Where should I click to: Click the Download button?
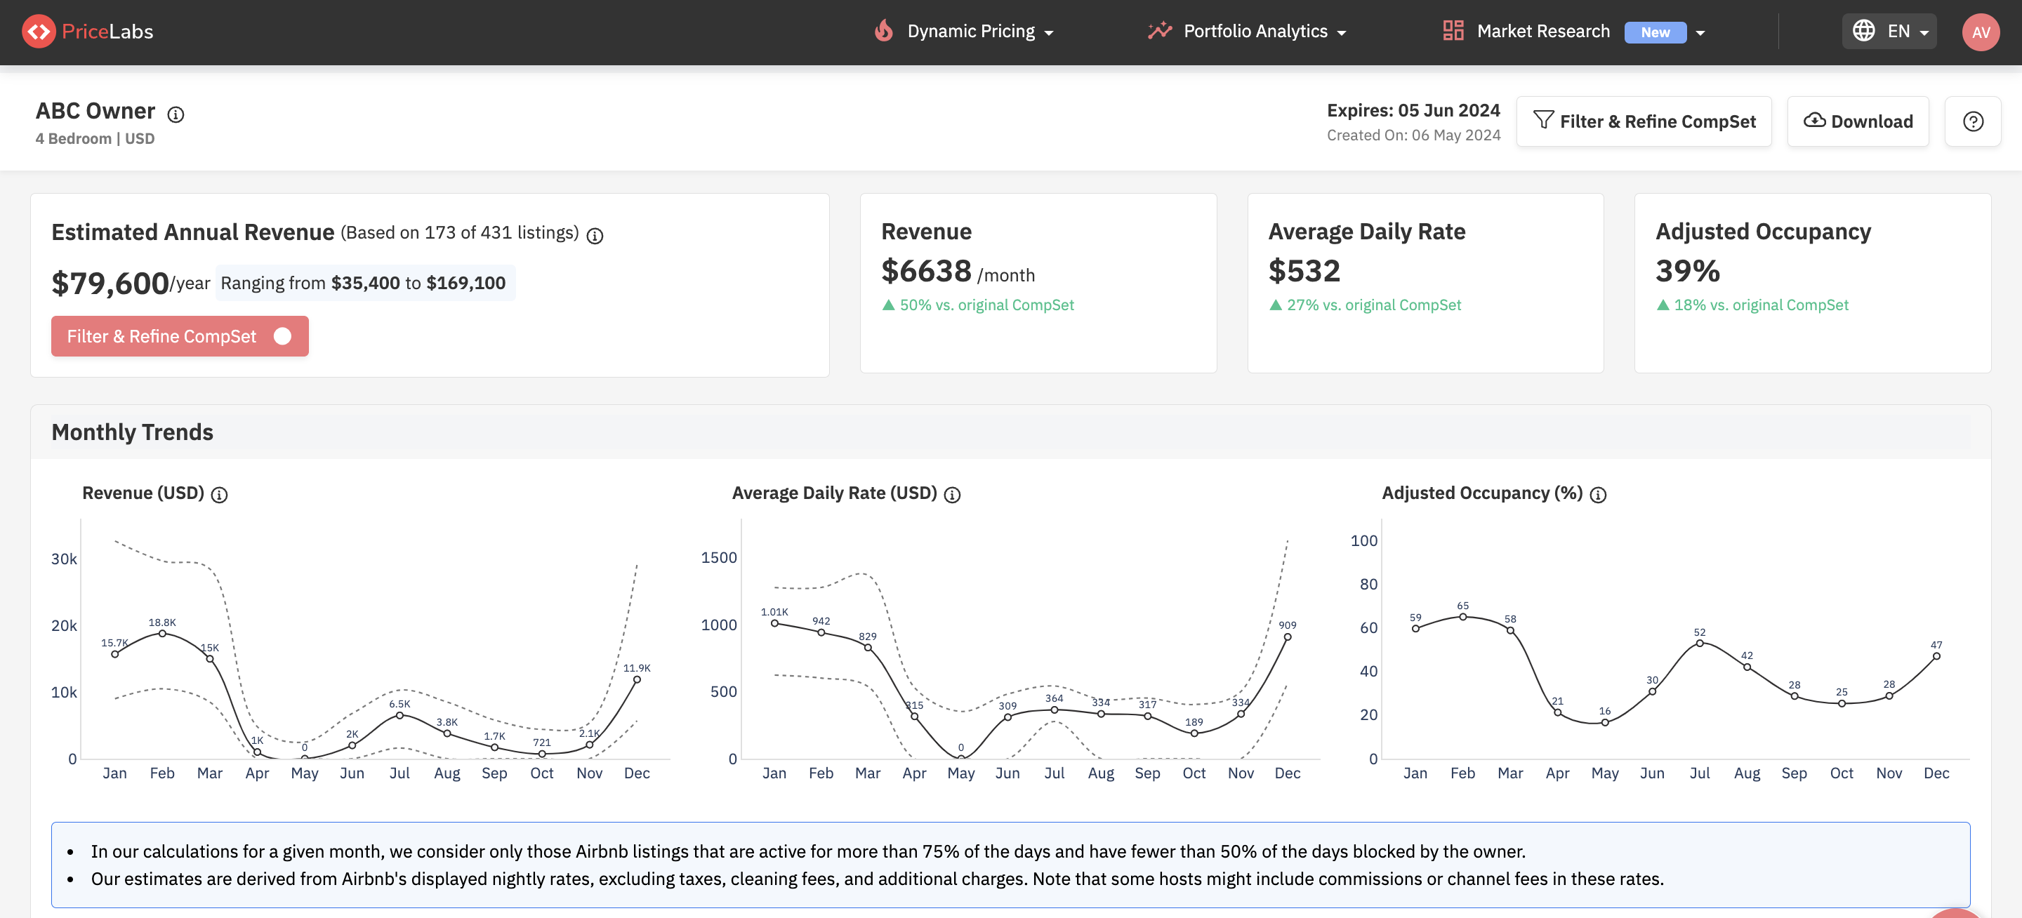[x=1857, y=121]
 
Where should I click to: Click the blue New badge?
[x=1655, y=32]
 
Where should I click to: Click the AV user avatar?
[x=1981, y=32]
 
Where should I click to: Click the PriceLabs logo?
[x=88, y=32]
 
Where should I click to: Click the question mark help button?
[x=1973, y=121]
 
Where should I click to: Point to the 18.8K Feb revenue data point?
[x=162, y=633]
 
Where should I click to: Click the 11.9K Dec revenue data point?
[x=637, y=679]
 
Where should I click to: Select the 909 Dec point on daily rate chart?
[x=1288, y=637]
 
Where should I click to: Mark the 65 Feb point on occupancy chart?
[x=1462, y=617]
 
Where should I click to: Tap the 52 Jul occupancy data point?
[x=1699, y=644]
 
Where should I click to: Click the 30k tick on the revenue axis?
[x=64, y=559]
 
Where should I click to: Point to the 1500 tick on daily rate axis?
[x=718, y=557]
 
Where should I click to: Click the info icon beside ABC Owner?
[x=176, y=114]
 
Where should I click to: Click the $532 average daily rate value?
[x=1304, y=272]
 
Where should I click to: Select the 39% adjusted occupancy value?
[x=1688, y=272]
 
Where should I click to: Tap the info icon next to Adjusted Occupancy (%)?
[x=1597, y=494]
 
